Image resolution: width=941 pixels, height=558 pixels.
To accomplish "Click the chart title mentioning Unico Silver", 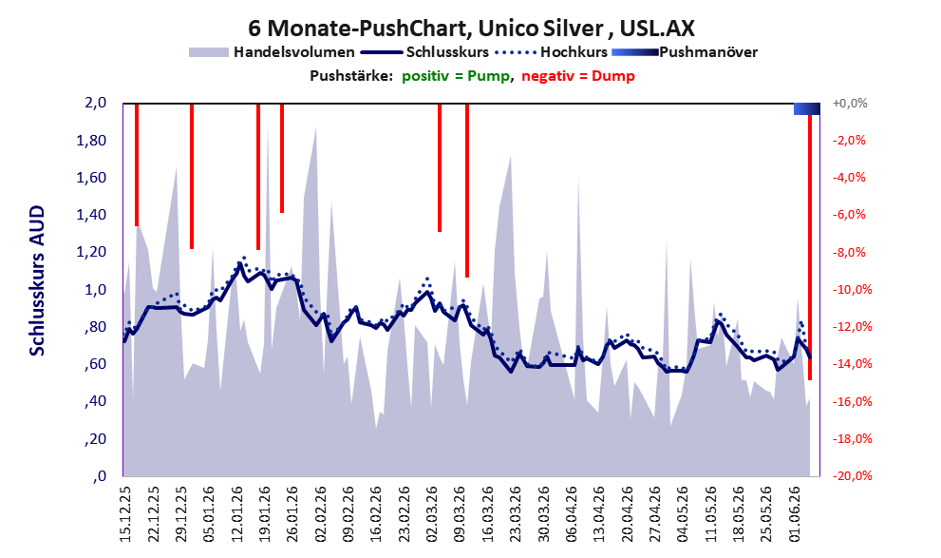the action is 471,28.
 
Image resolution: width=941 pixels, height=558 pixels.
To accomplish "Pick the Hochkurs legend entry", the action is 551,52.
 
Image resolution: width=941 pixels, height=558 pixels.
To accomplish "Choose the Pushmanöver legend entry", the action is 685,52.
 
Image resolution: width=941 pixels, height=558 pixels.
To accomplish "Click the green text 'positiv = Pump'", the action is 456,76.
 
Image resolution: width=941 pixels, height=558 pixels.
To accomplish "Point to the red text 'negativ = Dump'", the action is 578,76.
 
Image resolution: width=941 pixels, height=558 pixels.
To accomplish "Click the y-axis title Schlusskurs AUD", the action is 37,280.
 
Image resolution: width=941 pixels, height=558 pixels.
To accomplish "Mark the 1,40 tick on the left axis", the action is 91,215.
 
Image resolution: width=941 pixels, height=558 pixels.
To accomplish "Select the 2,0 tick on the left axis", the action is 95,103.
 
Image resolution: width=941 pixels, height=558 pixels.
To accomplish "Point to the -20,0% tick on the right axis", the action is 852,475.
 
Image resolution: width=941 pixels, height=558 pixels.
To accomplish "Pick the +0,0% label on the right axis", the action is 850,104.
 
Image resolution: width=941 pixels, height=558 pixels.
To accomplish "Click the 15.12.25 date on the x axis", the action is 125,513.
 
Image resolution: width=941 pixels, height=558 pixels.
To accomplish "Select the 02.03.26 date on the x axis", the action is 432,513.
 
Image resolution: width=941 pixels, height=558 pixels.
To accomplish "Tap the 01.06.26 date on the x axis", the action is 795,513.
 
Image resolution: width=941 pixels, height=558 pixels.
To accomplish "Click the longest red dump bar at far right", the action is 810,246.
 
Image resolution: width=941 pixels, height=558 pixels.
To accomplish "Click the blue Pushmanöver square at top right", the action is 806,108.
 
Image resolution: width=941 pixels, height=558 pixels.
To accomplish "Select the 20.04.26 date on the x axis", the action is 628,513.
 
